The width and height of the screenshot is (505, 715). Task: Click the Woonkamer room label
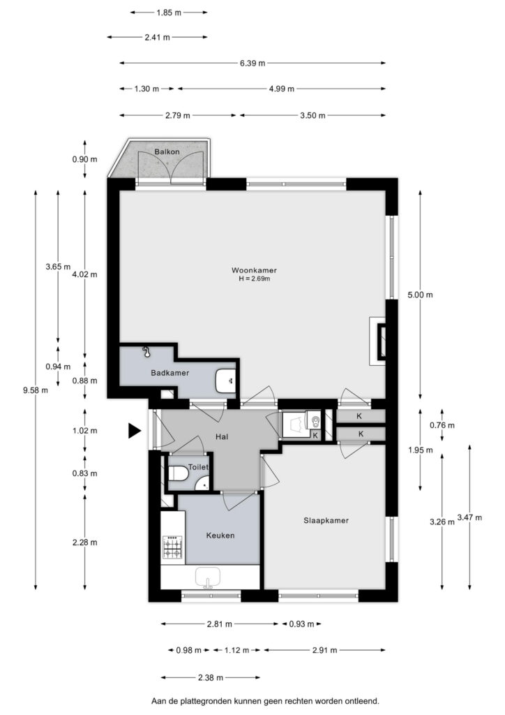[254, 270]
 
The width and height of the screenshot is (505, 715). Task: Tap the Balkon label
[167, 152]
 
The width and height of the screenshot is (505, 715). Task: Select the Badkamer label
[170, 373]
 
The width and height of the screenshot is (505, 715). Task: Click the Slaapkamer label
[326, 520]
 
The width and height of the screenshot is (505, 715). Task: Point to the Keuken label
[220, 536]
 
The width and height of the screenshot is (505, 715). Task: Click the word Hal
[222, 436]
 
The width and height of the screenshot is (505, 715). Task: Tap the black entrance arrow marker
[135, 430]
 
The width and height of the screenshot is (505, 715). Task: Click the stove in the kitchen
[172, 547]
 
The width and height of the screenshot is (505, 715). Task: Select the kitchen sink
[208, 577]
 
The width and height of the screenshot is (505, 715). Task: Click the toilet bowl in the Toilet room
[178, 473]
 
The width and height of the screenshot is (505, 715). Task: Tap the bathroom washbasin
[226, 381]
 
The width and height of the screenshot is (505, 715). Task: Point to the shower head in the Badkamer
[146, 351]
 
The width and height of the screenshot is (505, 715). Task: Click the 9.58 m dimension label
[36, 390]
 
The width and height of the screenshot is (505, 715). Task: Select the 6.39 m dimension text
[252, 63]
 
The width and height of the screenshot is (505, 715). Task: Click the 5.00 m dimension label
[420, 295]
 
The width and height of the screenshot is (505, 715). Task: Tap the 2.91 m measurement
[324, 650]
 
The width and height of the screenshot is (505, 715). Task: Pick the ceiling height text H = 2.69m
[254, 279]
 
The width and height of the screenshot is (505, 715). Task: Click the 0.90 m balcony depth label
[84, 159]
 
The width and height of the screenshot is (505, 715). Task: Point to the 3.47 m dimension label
[469, 517]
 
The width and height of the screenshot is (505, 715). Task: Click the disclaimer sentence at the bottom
[265, 701]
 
